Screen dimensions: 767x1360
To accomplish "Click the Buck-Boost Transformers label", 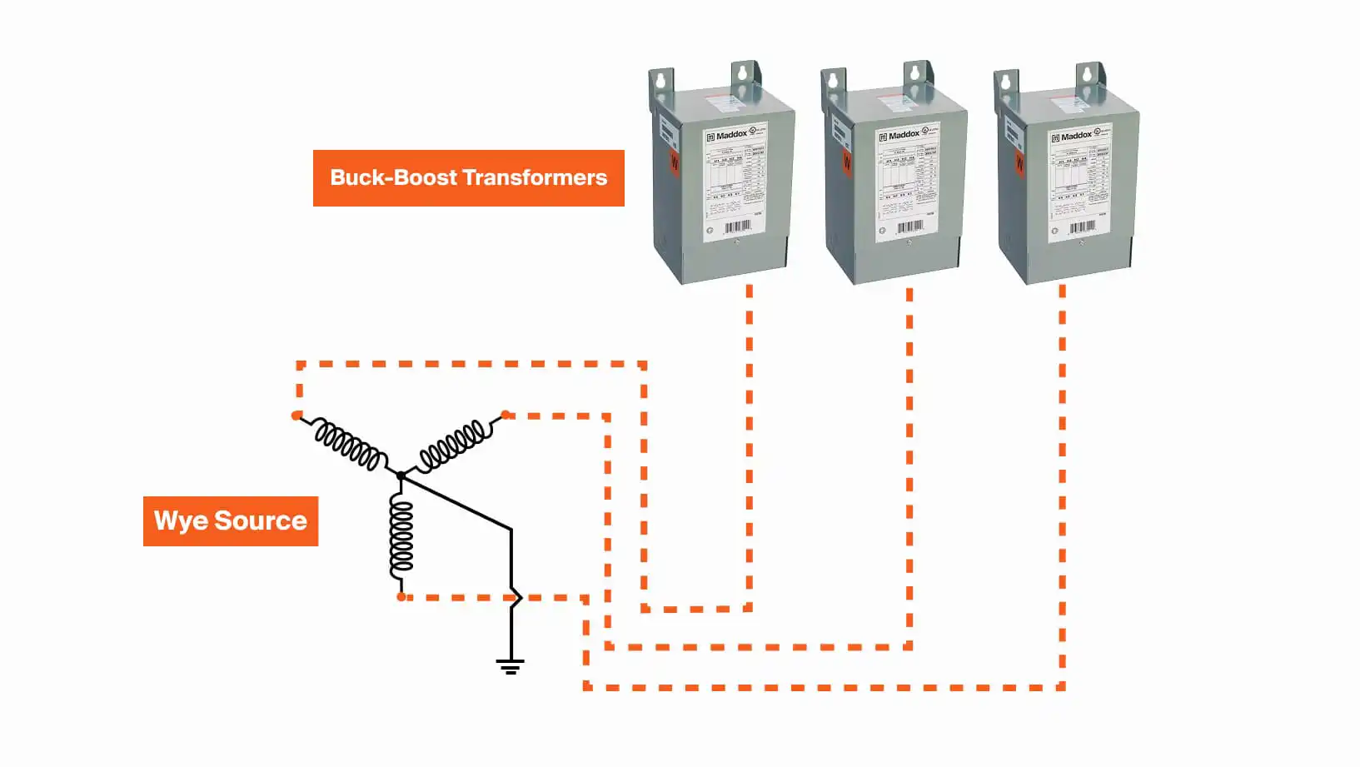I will (468, 177).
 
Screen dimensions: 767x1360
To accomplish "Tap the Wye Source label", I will (231, 521).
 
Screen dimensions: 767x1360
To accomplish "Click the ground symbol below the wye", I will (511, 665).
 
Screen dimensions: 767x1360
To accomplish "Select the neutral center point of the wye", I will (401, 476).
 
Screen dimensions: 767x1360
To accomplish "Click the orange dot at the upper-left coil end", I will (296, 415).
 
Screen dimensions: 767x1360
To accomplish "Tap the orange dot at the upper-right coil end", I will (505, 414).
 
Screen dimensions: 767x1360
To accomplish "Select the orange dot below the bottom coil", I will (401, 597).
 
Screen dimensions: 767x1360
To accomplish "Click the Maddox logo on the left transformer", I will (727, 135).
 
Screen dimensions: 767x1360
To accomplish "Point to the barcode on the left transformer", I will (738, 227).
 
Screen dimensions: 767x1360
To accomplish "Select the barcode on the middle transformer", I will (910, 227).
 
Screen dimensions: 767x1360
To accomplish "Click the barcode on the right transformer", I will (1082, 227).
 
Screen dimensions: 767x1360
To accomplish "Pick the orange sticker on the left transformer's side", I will (674, 162).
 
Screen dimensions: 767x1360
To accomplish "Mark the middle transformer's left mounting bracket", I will (833, 83).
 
